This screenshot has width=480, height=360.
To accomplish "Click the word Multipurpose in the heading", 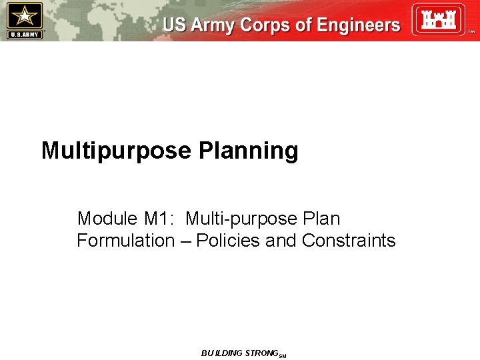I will click(116, 151).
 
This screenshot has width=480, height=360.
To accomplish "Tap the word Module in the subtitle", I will click(104, 219).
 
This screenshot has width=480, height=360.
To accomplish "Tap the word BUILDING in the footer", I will click(222, 353).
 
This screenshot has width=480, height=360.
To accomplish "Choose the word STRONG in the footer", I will click(261, 353).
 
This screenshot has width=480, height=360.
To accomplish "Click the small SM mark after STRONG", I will click(283, 356).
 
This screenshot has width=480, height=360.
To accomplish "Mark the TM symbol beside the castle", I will click(471, 31).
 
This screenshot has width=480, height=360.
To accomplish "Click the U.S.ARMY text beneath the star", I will click(24, 34).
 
